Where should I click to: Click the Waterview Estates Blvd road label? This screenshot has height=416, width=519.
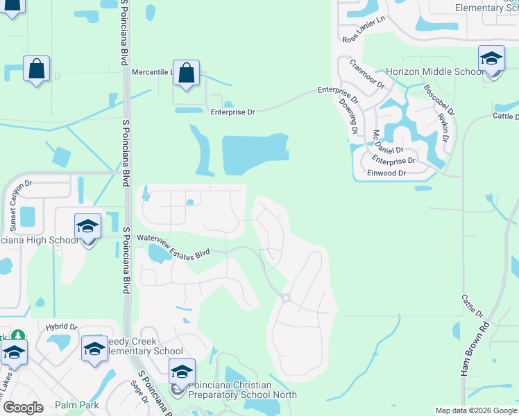(173, 246)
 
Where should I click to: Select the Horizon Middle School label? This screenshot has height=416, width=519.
(434, 72)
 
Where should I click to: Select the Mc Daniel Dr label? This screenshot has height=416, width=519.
(388, 142)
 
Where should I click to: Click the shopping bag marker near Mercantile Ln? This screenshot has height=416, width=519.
(186, 73)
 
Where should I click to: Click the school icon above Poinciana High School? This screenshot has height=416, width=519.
(88, 227)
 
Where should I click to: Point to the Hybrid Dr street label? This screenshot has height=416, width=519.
(62, 327)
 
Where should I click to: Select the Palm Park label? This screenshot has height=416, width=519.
(77, 404)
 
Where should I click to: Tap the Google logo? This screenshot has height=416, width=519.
(22, 407)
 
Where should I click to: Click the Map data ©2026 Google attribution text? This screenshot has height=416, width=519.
(475, 410)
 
